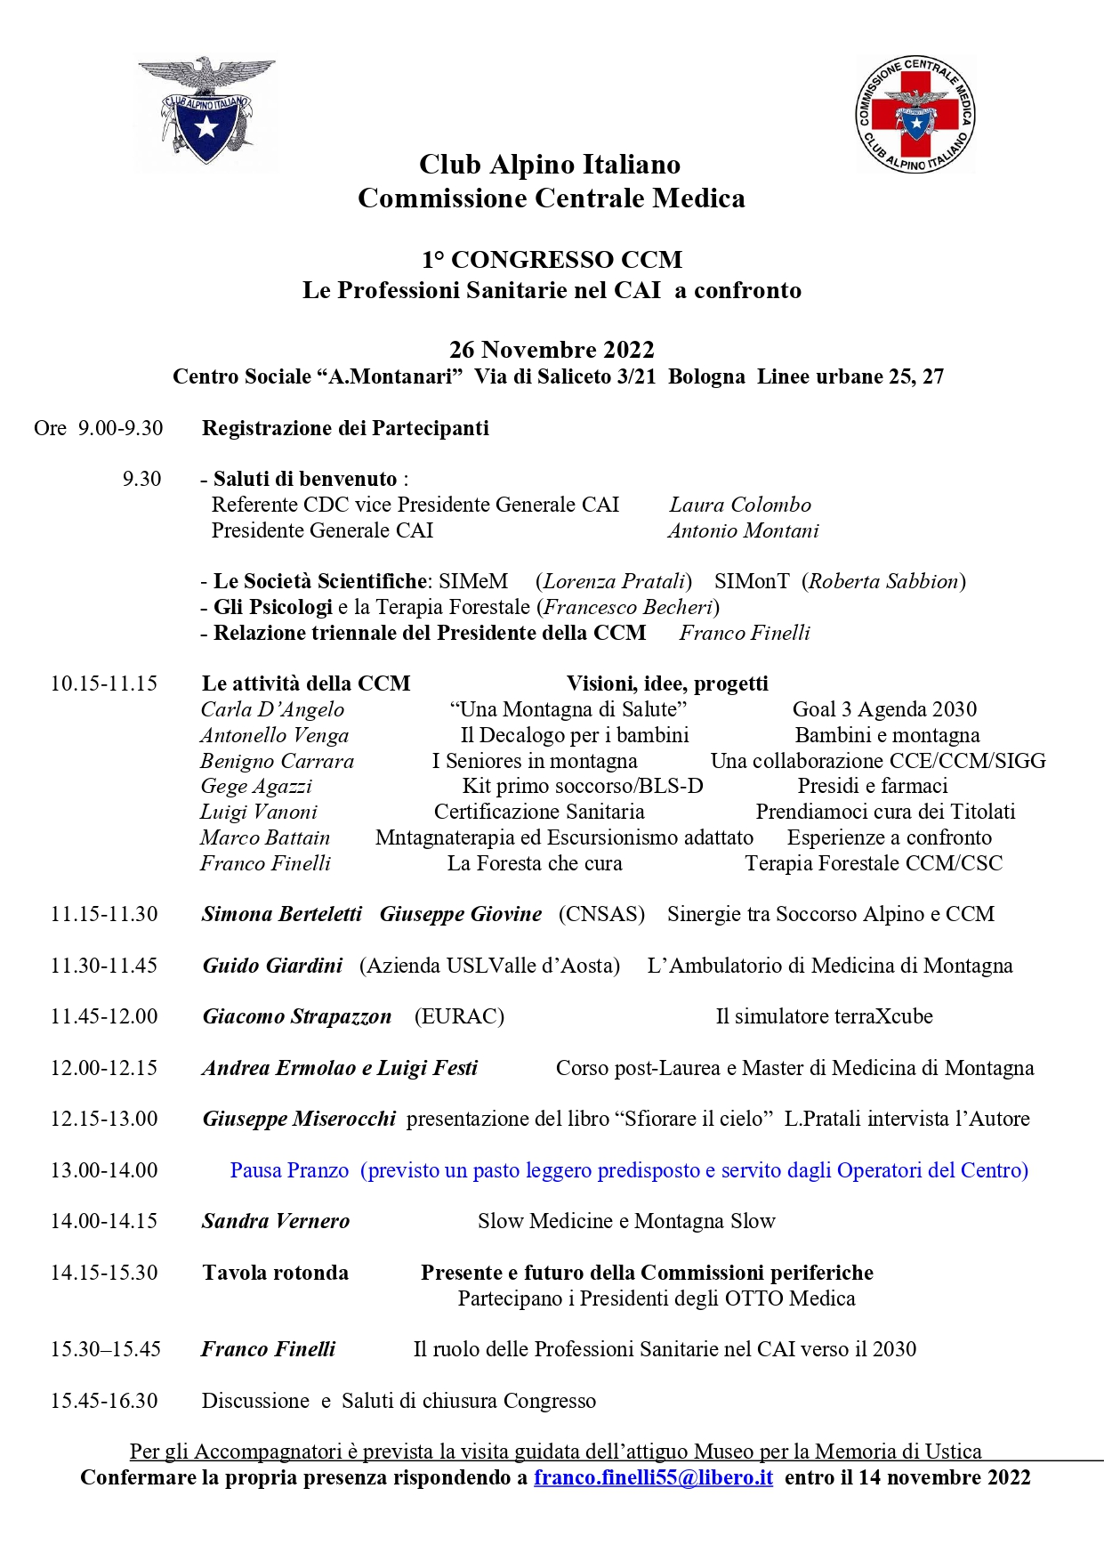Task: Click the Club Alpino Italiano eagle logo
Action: pos(206,112)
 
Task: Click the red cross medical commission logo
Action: pos(915,114)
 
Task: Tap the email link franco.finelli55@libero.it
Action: pos(653,1477)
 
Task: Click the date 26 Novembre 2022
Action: pos(552,350)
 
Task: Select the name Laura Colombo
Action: pos(740,505)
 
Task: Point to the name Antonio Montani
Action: pos(743,530)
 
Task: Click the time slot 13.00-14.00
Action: pos(104,1170)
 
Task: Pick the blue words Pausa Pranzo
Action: pos(289,1170)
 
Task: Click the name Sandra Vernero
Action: pos(276,1221)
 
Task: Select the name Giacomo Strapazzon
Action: pos(297,1016)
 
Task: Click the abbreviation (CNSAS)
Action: pos(601,914)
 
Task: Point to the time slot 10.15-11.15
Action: pos(104,683)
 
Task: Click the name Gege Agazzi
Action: pos(256,787)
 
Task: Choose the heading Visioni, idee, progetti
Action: pos(667,683)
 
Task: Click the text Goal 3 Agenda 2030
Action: pos(884,709)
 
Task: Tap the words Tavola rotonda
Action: pos(275,1273)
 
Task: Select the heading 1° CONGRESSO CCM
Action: pos(552,260)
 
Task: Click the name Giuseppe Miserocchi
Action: pos(299,1119)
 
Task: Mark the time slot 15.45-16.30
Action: pos(104,1401)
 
